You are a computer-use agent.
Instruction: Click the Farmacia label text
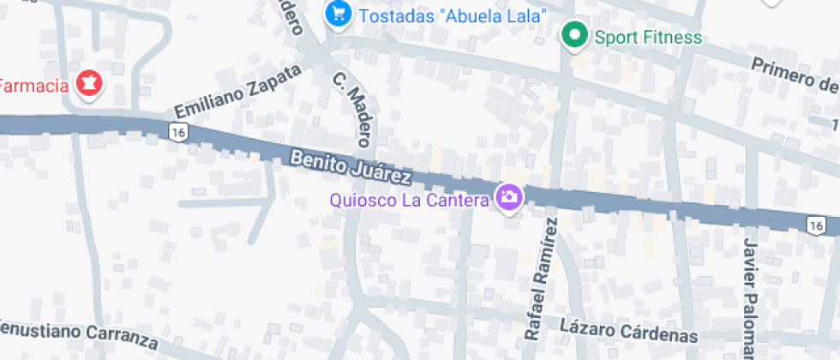pyautogui.click(x=33, y=86)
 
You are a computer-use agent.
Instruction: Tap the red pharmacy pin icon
pyautogui.click(x=87, y=84)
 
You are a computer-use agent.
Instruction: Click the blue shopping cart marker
pyautogui.click(x=338, y=15)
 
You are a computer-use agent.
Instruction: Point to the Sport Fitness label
pyautogui.click(x=648, y=37)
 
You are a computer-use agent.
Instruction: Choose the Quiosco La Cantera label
pyautogui.click(x=409, y=200)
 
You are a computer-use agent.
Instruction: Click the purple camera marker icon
pyautogui.click(x=509, y=198)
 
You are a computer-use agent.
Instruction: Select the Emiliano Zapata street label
pyautogui.click(x=238, y=92)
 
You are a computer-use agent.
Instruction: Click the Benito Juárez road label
pyautogui.click(x=351, y=166)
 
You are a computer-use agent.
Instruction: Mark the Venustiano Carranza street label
pyautogui.click(x=77, y=333)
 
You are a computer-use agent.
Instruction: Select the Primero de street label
pyautogui.click(x=794, y=76)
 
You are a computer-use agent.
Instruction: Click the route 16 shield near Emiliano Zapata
pyautogui.click(x=178, y=132)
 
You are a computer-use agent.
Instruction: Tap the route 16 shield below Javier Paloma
pyautogui.click(x=815, y=225)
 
